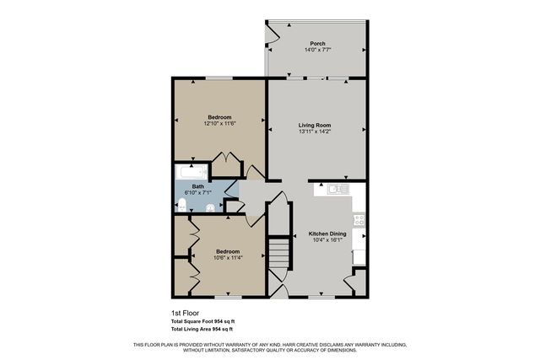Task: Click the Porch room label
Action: coord(317,44)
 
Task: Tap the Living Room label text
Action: coord(314,126)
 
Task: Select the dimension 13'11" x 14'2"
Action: coord(314,132)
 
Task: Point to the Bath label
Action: coord(197,186)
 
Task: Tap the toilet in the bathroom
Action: coord(180,202)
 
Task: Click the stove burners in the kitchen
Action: coord(359,219)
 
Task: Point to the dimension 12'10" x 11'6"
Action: coord(219,124)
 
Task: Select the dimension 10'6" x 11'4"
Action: coord(227,257)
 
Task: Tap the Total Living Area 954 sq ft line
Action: coord(202,329)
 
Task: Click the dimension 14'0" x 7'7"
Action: coord(317,50)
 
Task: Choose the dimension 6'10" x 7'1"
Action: coord(197,192)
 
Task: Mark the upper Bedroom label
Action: coord(219,117)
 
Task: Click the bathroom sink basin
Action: coord(209,205)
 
